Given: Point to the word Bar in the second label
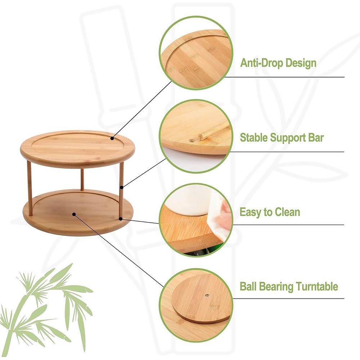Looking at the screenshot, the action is click(316, 138).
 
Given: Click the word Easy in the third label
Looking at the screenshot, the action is click(250, 212).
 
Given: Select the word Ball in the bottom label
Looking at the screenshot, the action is click(248, 286).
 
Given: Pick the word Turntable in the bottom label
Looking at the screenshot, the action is click(317, 286).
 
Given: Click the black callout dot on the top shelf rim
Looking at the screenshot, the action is click(112, 138).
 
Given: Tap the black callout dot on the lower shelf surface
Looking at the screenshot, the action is click(74, 214).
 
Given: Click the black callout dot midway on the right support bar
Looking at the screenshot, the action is click(121, 187).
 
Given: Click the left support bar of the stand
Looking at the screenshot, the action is click(30, 188).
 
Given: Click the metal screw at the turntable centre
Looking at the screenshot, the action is click(207, 296).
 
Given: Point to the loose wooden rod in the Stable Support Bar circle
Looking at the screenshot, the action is click(213, 131).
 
